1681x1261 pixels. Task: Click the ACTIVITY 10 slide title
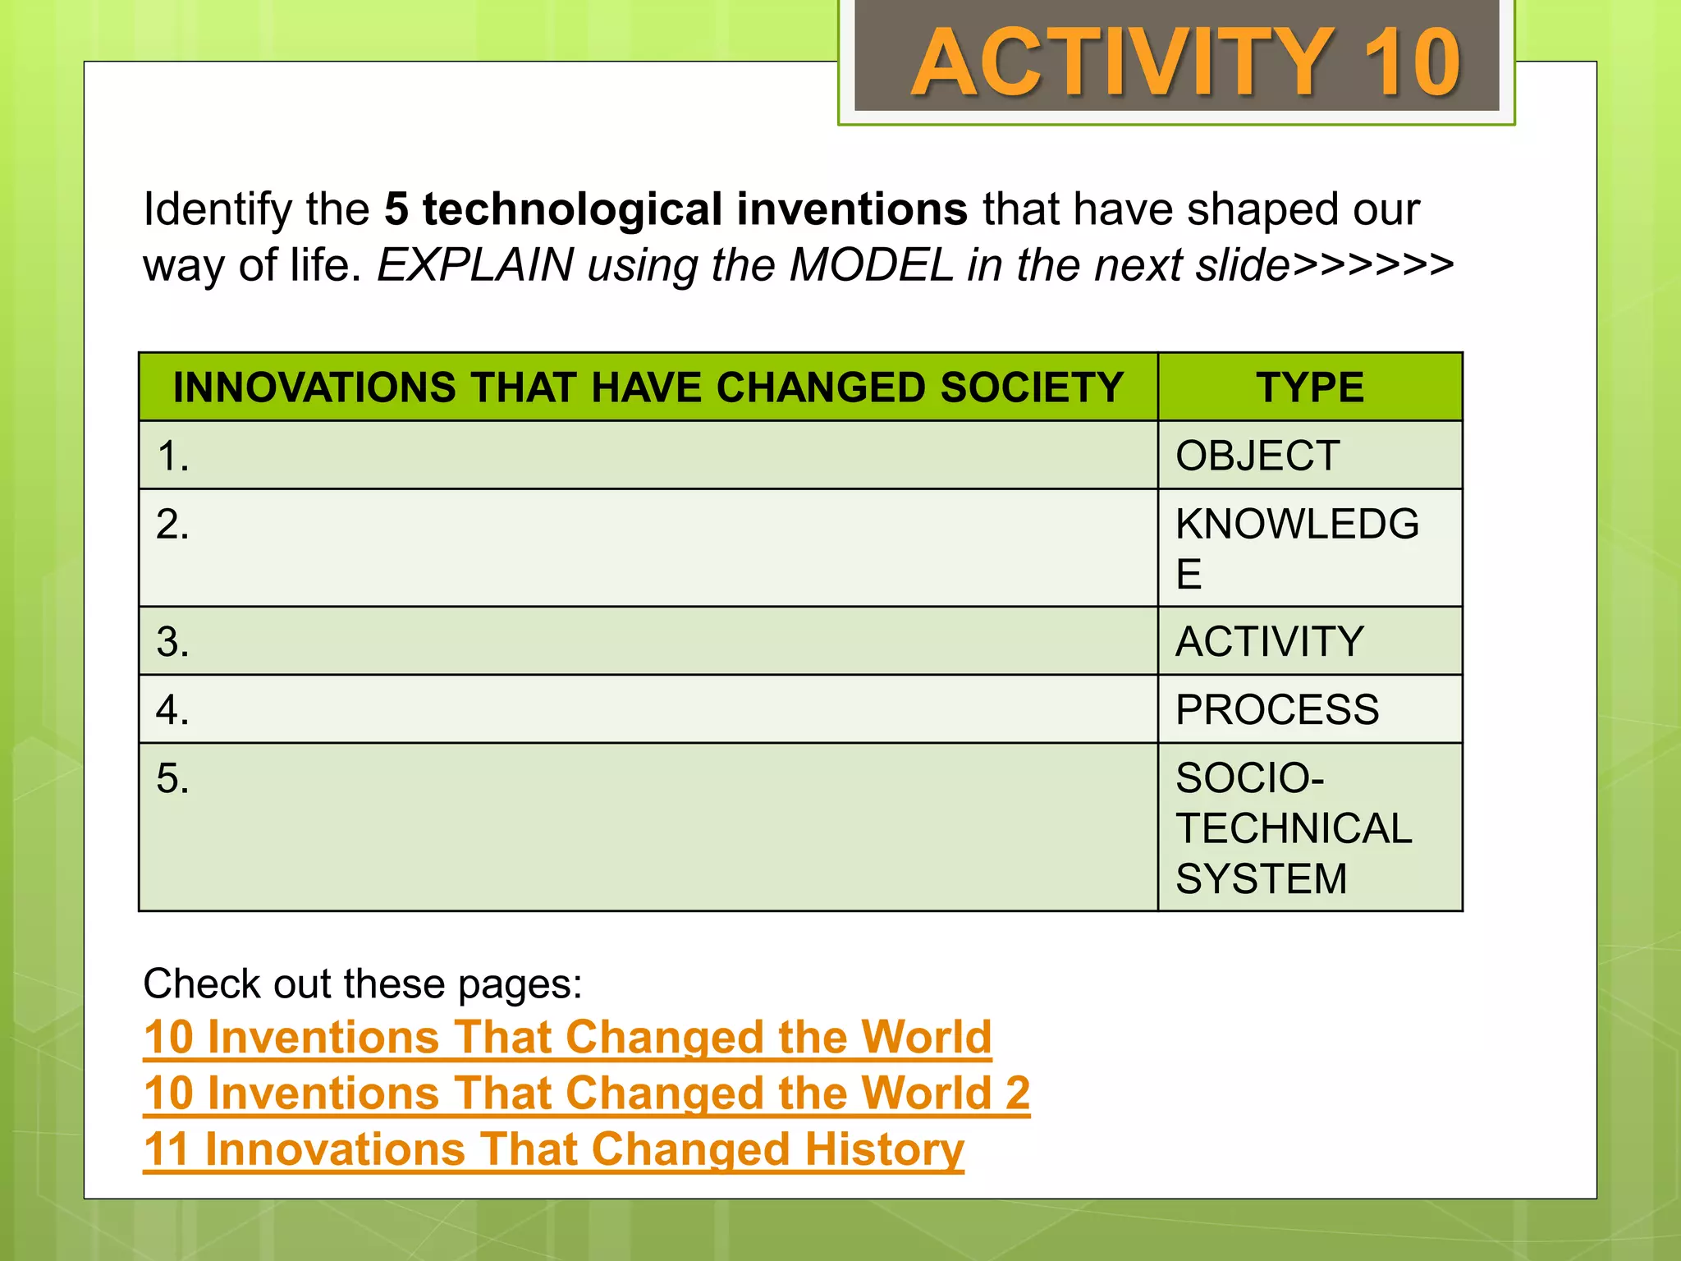1185,62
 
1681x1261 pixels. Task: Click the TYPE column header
1310,387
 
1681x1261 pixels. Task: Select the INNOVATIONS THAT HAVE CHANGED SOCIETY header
648,387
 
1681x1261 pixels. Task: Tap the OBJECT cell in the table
1257,456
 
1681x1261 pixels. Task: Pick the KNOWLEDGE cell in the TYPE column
1297,548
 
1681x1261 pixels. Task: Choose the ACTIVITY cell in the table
1270,641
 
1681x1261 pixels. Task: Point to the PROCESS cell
1277,709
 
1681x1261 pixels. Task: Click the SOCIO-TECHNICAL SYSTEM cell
1294,828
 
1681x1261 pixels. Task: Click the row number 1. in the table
172,456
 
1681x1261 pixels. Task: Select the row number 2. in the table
172,524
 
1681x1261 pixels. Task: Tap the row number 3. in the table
172,642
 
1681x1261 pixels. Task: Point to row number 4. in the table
172,710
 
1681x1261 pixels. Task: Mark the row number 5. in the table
172,778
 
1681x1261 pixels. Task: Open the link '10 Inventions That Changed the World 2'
586,1094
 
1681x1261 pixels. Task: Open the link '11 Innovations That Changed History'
553,1149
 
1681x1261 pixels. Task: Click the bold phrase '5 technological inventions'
676,209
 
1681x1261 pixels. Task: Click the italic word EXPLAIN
475,265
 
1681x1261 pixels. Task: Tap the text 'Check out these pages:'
362,984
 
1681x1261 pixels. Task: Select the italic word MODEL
871,265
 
